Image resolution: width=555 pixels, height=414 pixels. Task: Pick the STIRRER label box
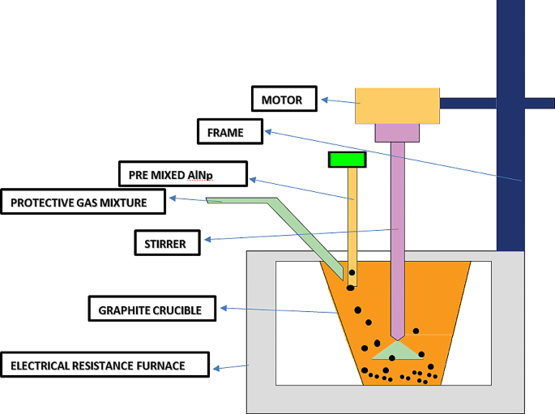[166, 242]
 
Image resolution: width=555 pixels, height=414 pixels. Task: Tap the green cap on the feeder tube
[347, 160]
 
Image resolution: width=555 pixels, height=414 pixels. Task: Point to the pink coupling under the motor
[396, 131]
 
